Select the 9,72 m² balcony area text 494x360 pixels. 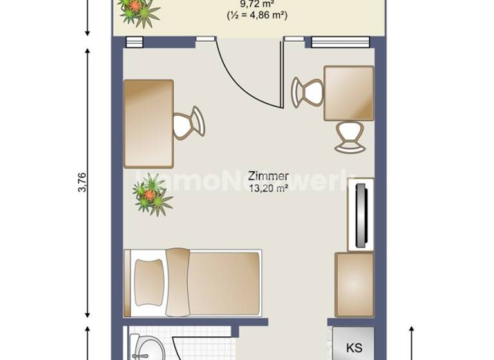(256, 4)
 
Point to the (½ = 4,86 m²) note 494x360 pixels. (257, 15)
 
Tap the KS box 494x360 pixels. (354, 348)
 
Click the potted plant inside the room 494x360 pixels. (151, 194)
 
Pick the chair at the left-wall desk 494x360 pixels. (188, 122)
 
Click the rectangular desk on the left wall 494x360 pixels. (149, 123)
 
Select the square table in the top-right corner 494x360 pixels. (349, 93)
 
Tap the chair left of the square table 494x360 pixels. (307, 92)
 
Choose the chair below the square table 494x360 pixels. (349, 136)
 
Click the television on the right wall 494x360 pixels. (361, 215)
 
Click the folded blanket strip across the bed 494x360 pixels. (178, 283)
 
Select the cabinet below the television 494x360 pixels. (354, 283)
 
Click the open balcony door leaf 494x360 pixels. (281, 74)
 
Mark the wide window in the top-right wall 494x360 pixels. (340, 42)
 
